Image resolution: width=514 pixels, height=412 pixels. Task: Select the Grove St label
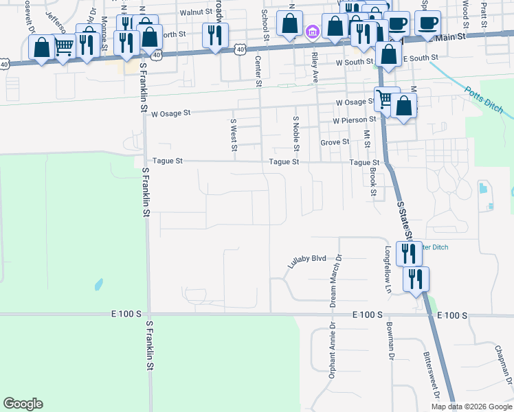(x=335, y=142)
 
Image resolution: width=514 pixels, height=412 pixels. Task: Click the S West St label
(x=234, y=134)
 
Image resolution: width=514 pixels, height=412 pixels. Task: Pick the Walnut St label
(x=194, y=12)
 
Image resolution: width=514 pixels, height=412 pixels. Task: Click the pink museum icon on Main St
(x=312, y=32)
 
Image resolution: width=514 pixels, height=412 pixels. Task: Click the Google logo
(x=23, y=404)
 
